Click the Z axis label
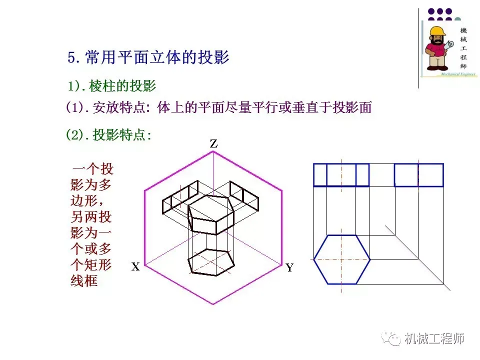214,144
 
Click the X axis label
135,267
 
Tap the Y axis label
289,267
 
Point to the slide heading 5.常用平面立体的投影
148,57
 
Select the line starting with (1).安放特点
218,107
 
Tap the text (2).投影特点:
108,135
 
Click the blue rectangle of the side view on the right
418,175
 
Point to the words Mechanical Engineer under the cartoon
457,74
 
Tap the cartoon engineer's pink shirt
433,48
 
